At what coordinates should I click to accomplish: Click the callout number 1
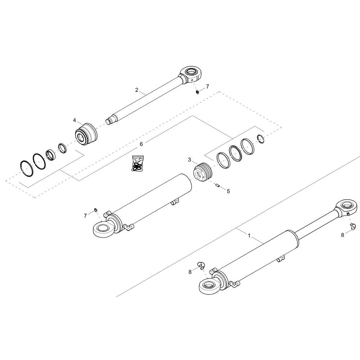(x=249, y=235)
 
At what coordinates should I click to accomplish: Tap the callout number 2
(x=136, y=90)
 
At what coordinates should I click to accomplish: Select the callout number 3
(x=189, y=159)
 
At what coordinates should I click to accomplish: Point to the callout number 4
(x=75, y=120)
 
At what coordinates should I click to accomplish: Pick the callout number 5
(x=228, y=191)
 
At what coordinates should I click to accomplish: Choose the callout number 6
(x=141, y=144)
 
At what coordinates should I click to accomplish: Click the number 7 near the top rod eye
(x=208, y=86)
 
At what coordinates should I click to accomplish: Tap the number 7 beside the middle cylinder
(x=85, y=216)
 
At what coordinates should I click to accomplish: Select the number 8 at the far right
(x=343, y=235)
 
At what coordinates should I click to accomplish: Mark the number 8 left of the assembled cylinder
(x=190, y=272)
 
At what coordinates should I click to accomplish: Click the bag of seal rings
(x=138, y=163)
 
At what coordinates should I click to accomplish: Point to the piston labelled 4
(x=86, y=134)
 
